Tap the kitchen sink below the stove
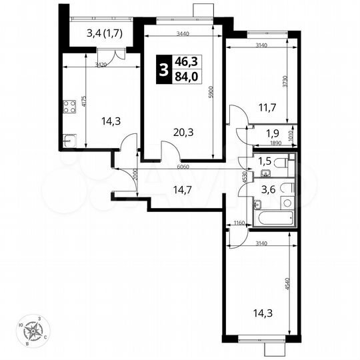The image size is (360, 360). point(68,140)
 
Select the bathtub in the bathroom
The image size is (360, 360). point(273,217)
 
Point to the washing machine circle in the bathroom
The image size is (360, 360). point(287,202)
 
